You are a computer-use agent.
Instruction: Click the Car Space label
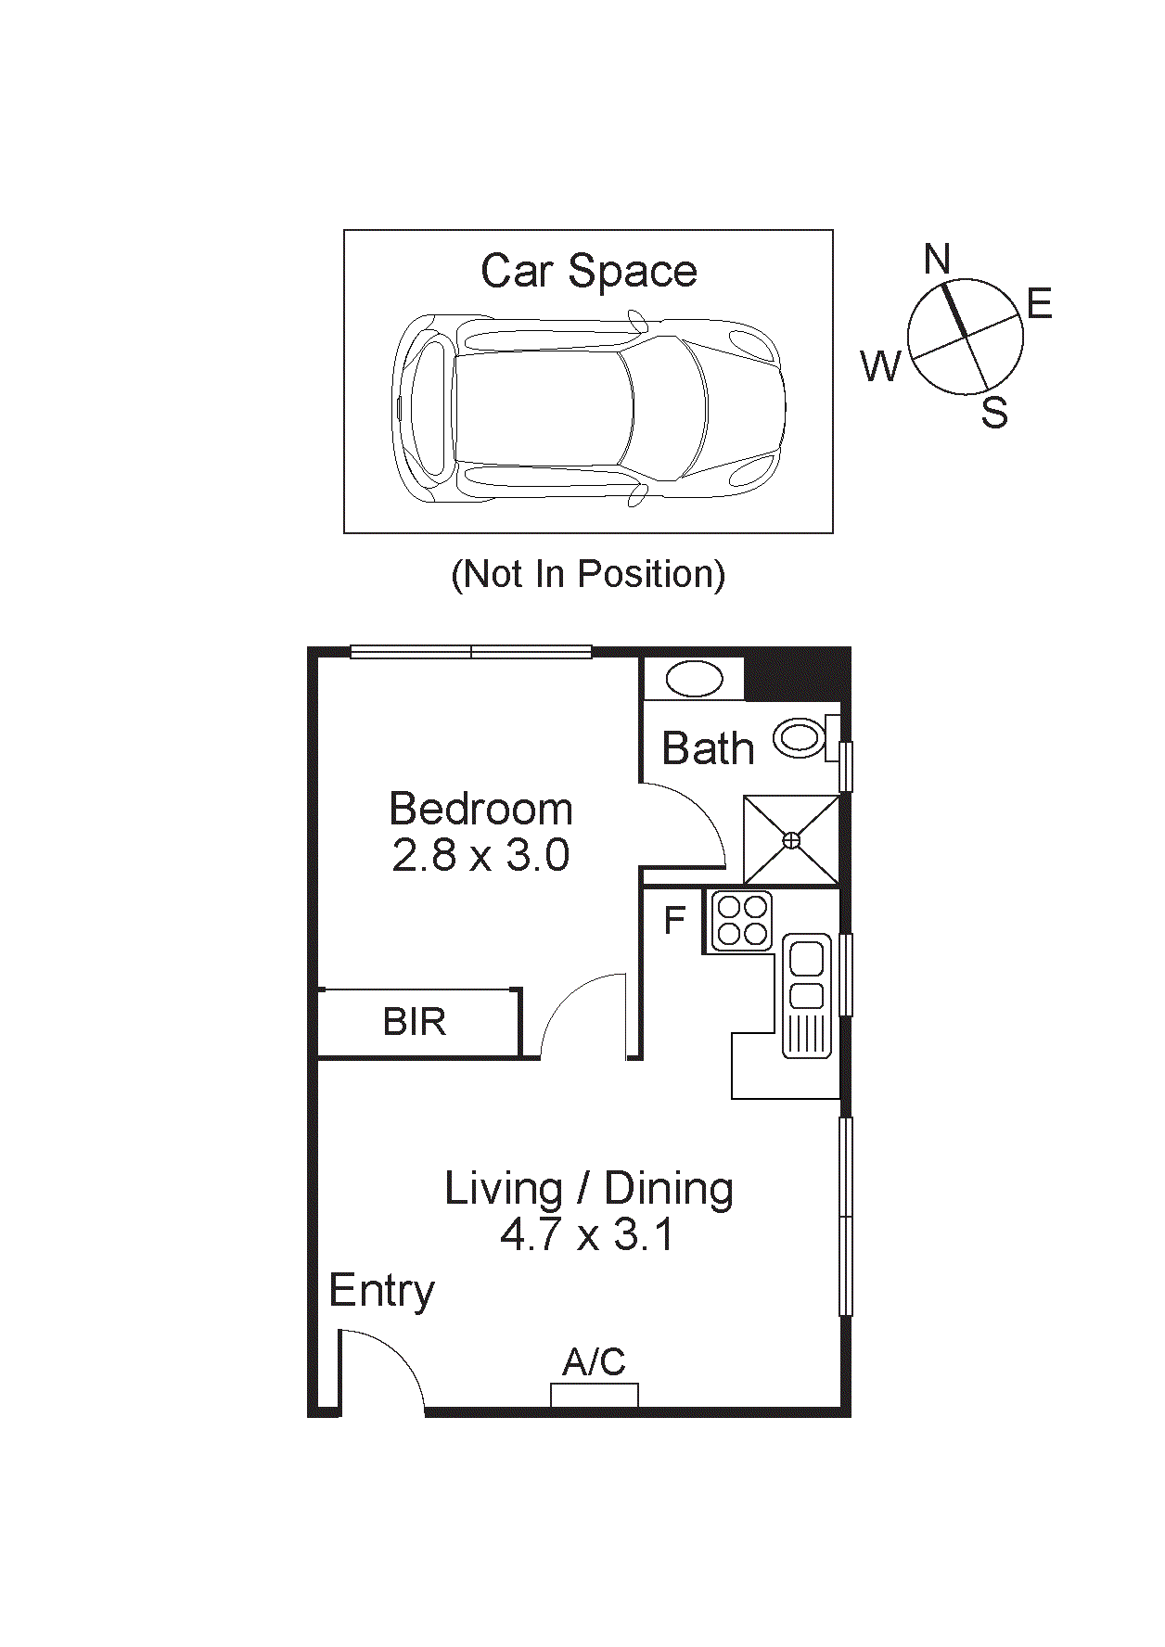point(588,272)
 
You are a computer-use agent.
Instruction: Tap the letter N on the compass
point(937,259)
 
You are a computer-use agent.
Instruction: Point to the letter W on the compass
point(880,366)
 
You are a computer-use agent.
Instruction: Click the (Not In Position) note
point(588,574)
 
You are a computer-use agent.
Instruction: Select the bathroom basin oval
point(694,679)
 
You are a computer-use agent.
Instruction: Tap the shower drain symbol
point(791,840)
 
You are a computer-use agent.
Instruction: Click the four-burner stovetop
point(742,920)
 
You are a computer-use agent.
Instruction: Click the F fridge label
point(674,920)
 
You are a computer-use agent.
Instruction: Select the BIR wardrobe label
point(415,1022)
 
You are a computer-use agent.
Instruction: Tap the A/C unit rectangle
point(595,1395)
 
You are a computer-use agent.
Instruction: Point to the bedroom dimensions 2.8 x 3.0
point(480,855)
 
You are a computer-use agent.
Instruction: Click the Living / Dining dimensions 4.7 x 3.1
point(587,1235)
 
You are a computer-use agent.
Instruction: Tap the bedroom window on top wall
point(471,652)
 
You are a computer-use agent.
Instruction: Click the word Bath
point(708,748)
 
